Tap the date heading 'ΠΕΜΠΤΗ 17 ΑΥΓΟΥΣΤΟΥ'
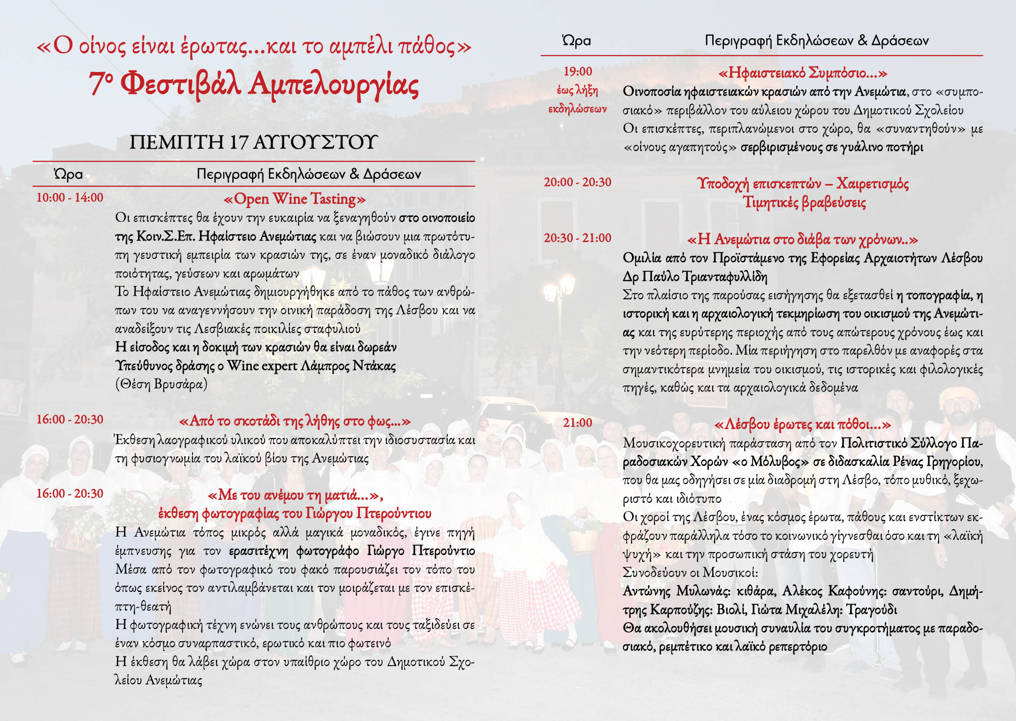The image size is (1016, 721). pyautogui.click(x=253, y=142)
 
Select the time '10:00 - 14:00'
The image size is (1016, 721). pyautogui.click(x=70, y=198)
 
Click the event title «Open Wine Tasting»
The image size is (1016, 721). pyautogui.click(x=295, y=199)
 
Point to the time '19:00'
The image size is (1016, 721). pyautogui.click(x=577, y=72)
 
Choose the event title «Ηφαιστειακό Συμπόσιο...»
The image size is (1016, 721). pyautogui.click(x=802, y=73)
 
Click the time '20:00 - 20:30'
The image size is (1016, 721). pyautogui.click(x=577, y=182)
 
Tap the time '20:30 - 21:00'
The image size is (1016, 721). pyautogui.click(x=577, y=238)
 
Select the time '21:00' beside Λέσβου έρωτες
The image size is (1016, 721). pyautogui.click(x=577, y=423)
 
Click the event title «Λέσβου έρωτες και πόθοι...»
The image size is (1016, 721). pyautogui.click(x=802, y=425)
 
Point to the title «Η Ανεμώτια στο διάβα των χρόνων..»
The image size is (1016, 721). pyautogui.click(x=802, y=240)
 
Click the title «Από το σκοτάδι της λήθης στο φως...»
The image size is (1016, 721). pyautogui.click(x=295, y=421)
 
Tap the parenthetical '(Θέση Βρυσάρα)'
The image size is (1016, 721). pyautogui.click(x=161, y=384)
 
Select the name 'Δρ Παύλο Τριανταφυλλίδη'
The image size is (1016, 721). pyautogui.click(x=695, y=276)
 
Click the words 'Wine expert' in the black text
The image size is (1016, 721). pyautogui.click(x=262, y=366)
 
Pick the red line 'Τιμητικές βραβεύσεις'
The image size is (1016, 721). pyautogui.click(x=804, y=202)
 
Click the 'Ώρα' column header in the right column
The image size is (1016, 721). pyautogui.click(x=576, y=41)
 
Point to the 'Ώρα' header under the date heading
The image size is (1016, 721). pyautogui.click(x=68, y=174)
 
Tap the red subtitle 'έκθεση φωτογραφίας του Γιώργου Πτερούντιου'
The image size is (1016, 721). pyautogui.click(x=295, y=514)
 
